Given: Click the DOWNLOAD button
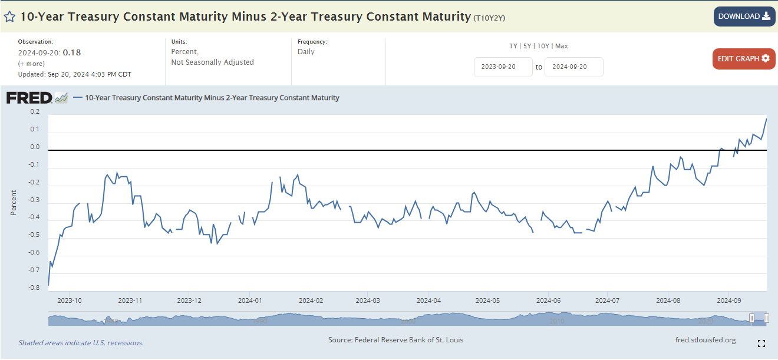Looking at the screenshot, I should coord(744,16).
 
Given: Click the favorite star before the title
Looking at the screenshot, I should coord(10,16).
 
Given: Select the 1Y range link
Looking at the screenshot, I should coord(513,46).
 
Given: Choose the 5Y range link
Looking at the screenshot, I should coord(528,46).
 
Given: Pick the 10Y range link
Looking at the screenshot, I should coord(543,46).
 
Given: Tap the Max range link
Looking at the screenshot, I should coord(562,46).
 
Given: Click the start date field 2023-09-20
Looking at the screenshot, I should coord(503,67).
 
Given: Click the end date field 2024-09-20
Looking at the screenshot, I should coord(573,67).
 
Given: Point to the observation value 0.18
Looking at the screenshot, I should coord(72,52).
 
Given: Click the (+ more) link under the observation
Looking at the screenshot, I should coord(31,64).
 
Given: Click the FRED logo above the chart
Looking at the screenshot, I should coord(29,98).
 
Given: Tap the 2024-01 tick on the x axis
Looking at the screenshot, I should coord(250,300).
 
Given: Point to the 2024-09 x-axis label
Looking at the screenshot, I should coord(730,300).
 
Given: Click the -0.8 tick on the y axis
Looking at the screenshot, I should coord(35,288).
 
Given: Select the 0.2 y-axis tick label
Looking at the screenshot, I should coord(35,112).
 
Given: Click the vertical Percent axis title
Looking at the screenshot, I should coord(14,203).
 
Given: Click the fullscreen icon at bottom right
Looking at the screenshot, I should coord(761,344).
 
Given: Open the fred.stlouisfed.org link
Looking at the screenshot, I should coord(705,340).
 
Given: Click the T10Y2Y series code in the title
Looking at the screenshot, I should coord(489,18).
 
